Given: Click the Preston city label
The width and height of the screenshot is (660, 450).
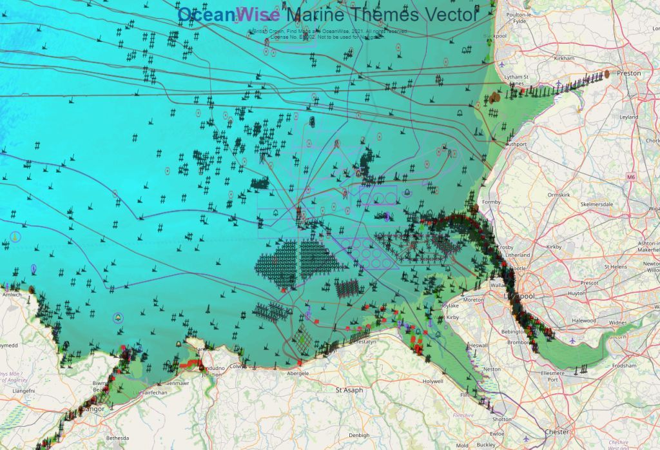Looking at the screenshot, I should [x=629, y=73].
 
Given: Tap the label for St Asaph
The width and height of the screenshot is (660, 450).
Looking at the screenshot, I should [x=350, y=390].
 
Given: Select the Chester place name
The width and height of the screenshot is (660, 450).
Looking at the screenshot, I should [x=556, y=431].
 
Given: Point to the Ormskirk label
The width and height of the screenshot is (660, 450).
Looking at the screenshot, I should [x=558, y=195].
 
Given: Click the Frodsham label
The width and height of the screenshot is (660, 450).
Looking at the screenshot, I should [x=625, y=365].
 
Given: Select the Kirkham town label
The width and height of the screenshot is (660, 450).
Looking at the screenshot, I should [x=563, y=58].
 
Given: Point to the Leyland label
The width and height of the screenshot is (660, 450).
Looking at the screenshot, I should [x=628, y=117].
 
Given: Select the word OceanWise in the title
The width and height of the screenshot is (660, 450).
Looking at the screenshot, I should [x=228, y=14].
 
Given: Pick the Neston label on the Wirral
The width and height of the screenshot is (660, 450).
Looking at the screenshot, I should [x=492, y=369].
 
